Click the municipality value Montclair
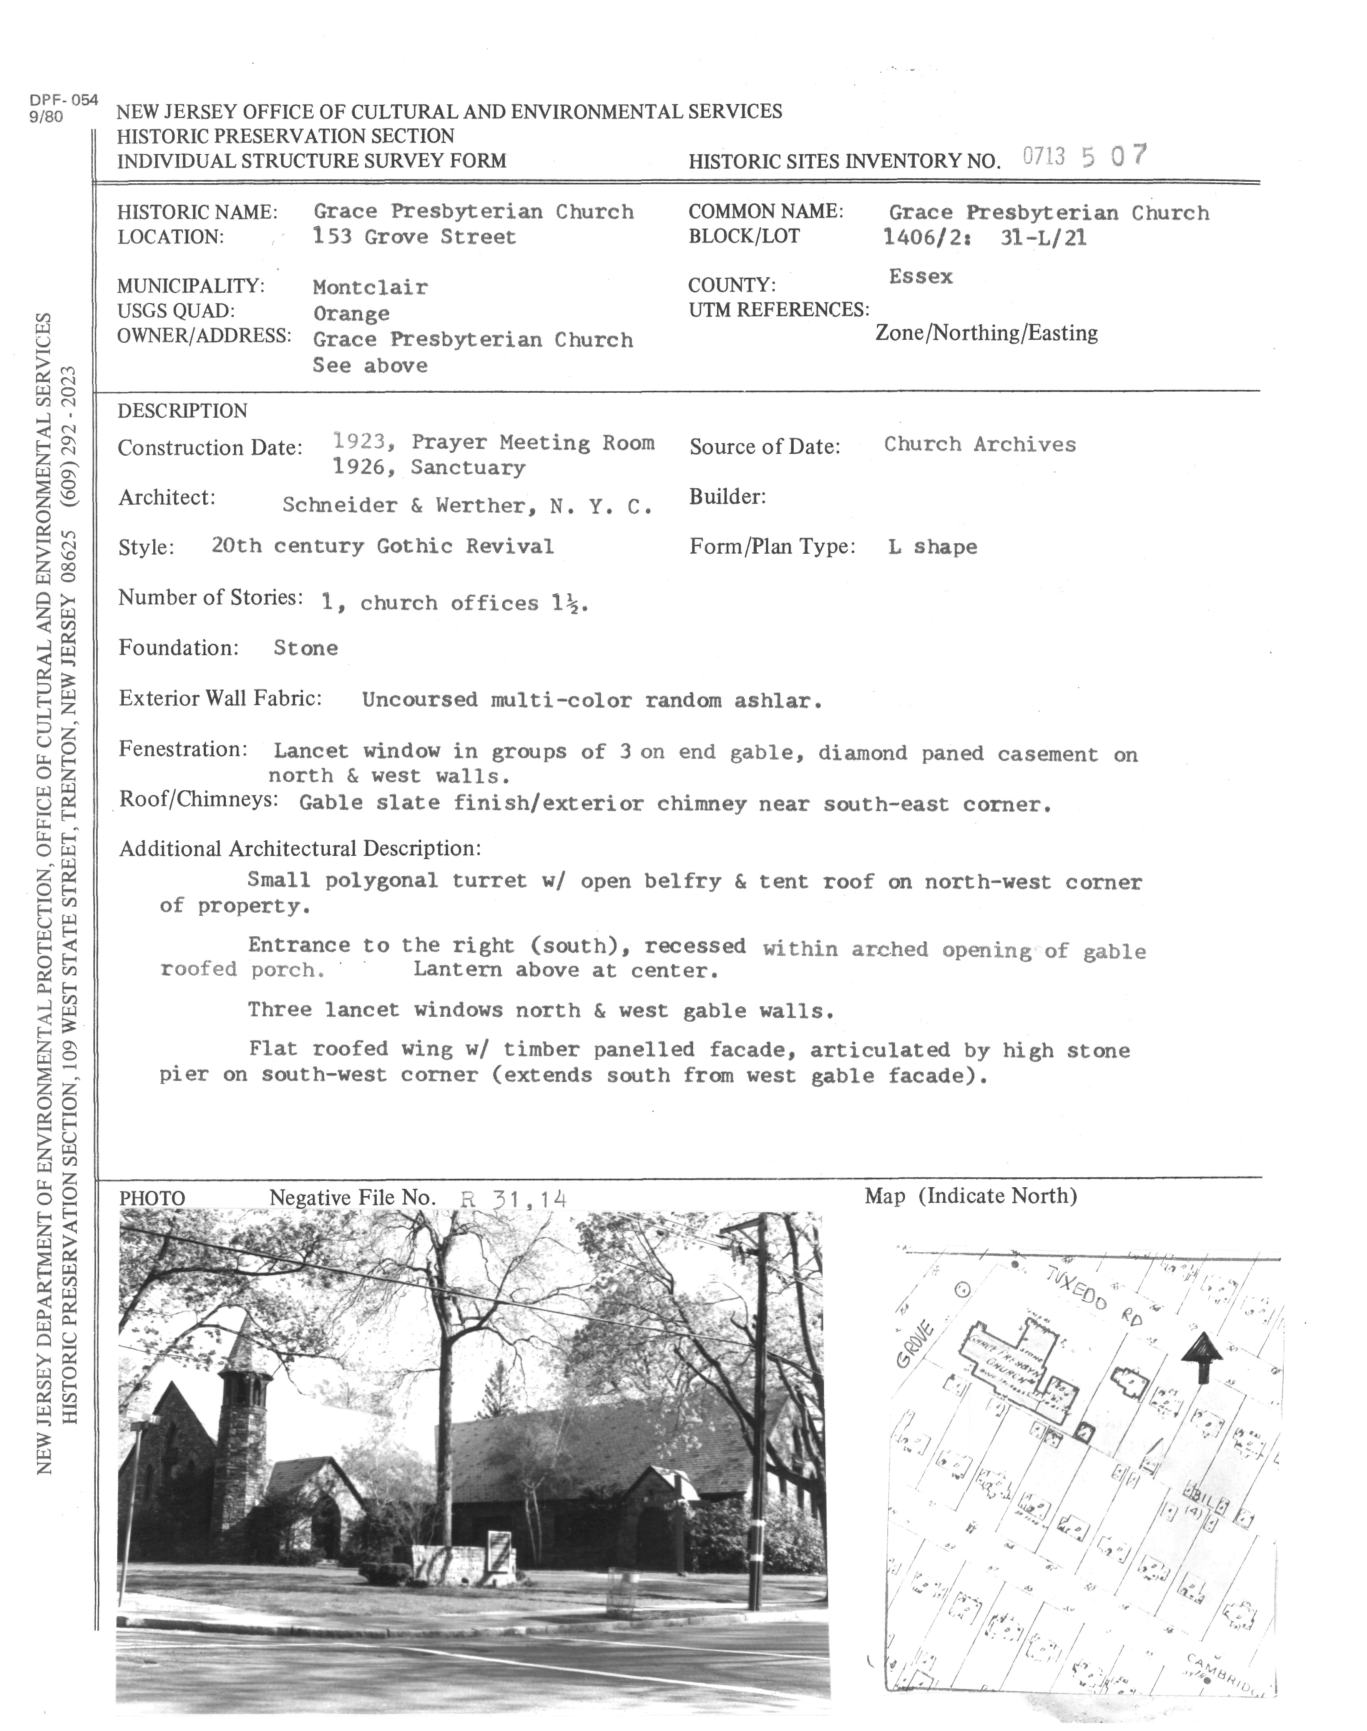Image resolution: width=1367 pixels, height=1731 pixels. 370,287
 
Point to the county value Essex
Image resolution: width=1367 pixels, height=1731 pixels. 920,277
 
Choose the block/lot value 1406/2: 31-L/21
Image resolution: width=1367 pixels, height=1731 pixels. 985,238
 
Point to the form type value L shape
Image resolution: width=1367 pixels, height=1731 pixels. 932,548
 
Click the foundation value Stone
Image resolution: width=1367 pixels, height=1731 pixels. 306,648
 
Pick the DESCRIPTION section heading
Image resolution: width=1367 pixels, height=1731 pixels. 183,412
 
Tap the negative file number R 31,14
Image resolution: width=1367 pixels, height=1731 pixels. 514,1199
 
